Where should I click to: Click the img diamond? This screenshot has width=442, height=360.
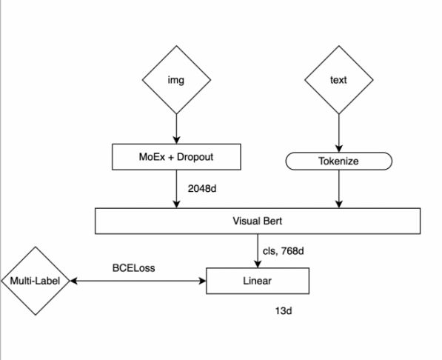pos(176,80)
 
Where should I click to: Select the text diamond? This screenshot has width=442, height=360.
pos(339,80)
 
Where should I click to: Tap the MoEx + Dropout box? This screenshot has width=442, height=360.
pos(176,157)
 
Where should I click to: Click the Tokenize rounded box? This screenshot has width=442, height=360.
pos(339,161)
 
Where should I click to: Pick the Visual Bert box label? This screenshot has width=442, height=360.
pos(258,221)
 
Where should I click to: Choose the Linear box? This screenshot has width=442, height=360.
pos(258,281)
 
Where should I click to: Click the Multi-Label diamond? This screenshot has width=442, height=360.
pos(36,281)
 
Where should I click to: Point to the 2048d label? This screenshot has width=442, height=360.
pos(202,188)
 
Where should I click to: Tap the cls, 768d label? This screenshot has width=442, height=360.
pos(284,251)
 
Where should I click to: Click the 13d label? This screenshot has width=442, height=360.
pos(284,311)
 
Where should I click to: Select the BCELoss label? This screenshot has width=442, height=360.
pos(133,267)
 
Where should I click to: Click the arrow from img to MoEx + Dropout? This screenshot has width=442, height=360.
pos(176,129)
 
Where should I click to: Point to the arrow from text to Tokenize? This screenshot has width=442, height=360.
pos(339,133)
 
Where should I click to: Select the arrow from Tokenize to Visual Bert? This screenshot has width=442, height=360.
pos(339,189)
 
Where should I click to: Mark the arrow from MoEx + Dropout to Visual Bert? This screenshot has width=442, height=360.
pos(176,189)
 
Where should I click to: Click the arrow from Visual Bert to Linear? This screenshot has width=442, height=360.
pos(258,251)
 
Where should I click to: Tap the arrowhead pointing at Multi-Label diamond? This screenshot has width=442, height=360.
pos(73,281)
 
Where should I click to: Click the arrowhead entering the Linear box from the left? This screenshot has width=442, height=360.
pos(202,281)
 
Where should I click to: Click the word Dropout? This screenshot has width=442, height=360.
pos(195,157)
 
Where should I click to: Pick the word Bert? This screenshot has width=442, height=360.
pos(272,221)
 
